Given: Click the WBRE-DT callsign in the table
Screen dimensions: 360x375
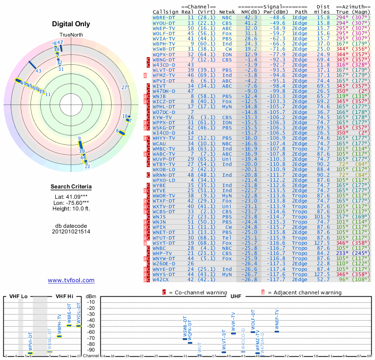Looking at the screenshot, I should click(164, 17).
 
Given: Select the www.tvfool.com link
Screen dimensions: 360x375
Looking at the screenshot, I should click(71, 280).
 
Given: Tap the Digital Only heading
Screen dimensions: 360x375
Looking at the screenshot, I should click(71, 24).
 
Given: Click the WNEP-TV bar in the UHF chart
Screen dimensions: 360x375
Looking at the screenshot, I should click(277, 331).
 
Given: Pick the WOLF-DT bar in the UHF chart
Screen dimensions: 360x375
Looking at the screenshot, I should click(253, 332).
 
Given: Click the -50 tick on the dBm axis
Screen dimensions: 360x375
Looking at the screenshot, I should click(91, 326).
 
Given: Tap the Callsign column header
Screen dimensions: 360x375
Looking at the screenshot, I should click(165, 12).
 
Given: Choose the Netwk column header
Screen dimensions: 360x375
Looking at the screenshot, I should click(227, 12).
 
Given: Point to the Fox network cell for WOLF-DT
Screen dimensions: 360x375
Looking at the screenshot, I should click(227, 33).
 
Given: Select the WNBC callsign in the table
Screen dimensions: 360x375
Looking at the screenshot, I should click(160, 247).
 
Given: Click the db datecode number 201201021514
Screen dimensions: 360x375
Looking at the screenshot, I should click(71, 232).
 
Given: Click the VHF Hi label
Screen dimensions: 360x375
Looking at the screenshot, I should click(64, 296).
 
